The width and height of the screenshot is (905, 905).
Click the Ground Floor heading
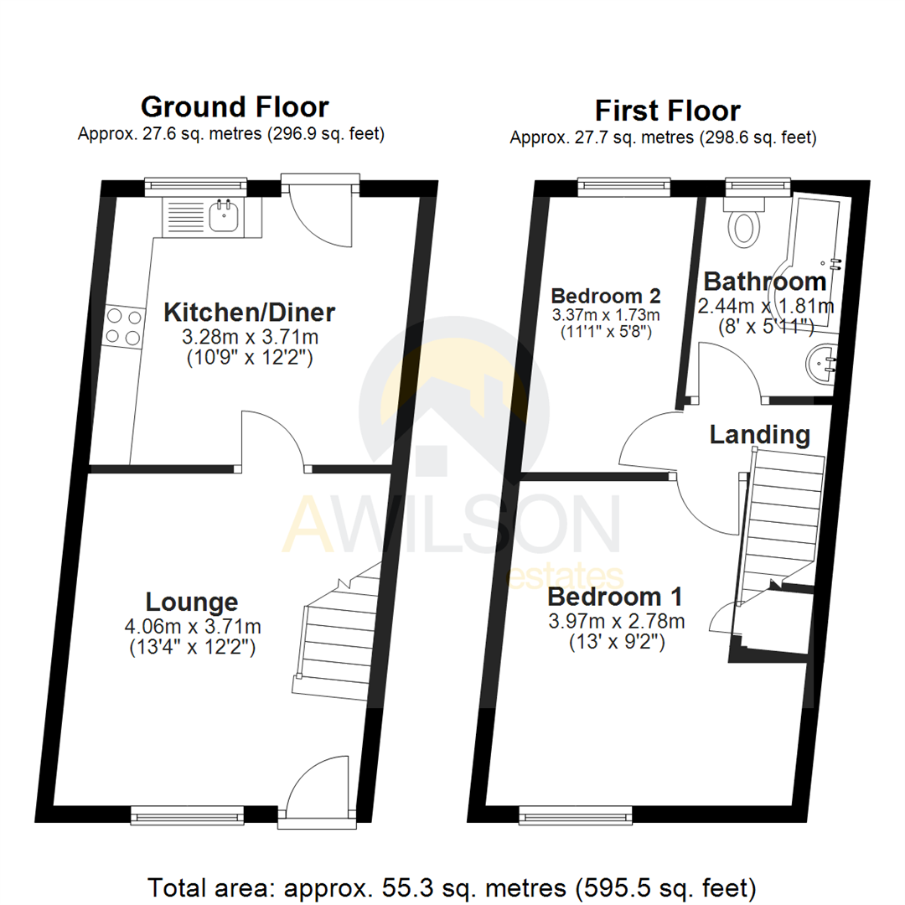click(x=235, y=107)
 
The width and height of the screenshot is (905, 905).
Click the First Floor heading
click(x=667, y=111)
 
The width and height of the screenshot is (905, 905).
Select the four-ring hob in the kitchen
click(x=122, y=326)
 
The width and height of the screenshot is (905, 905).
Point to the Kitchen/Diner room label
click(x=249, y=313)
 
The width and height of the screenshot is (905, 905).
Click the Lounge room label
click(x=192, y=601)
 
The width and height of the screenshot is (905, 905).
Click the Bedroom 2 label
click(x=606, y=296)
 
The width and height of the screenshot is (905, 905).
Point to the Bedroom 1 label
click(x=614, y=597)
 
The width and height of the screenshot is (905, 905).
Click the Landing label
click(x=759, y=435)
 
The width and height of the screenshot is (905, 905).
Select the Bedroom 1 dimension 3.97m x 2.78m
click(x=616, y=622)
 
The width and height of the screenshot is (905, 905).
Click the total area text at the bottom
click(x=452, y=886)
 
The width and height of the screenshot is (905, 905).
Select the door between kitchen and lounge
click(x=273, y=440)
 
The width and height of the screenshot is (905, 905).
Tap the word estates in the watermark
click(x=566, y=577)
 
